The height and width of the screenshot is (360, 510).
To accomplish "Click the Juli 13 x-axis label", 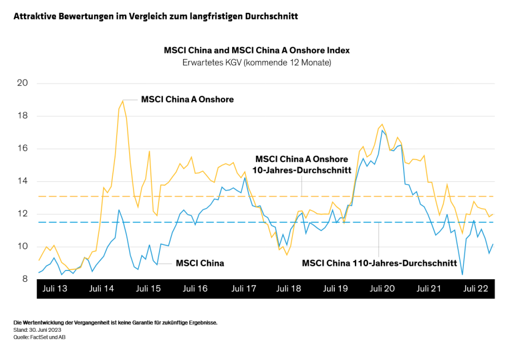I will coord(55,289).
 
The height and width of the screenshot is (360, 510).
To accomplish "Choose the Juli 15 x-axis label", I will coord(148,289).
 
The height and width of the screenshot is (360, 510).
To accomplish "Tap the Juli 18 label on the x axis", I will coord(289,289).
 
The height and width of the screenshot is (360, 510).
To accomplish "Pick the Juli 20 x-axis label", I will coord(382,289).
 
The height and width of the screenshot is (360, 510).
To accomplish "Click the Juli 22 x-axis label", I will coord(476,289).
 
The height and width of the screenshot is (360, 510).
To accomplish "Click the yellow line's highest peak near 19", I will coord(123,100).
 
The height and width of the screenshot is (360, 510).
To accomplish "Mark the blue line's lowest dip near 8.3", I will coord(463,274).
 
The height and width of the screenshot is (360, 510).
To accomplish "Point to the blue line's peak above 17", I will coord(382,130).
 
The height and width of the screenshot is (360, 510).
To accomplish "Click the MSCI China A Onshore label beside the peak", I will coord(187,99).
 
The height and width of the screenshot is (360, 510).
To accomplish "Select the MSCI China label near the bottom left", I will coord(200,263).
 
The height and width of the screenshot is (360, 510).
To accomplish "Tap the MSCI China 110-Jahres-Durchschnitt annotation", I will coord(379,263).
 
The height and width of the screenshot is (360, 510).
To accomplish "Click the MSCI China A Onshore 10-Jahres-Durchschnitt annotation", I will coord(301,165).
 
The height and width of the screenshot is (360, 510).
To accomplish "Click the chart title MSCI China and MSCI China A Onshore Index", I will coord(257,50).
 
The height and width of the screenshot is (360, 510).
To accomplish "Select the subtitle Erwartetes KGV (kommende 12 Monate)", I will coord(257,62).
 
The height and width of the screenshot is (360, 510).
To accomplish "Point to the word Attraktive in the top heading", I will coord(35,16).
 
